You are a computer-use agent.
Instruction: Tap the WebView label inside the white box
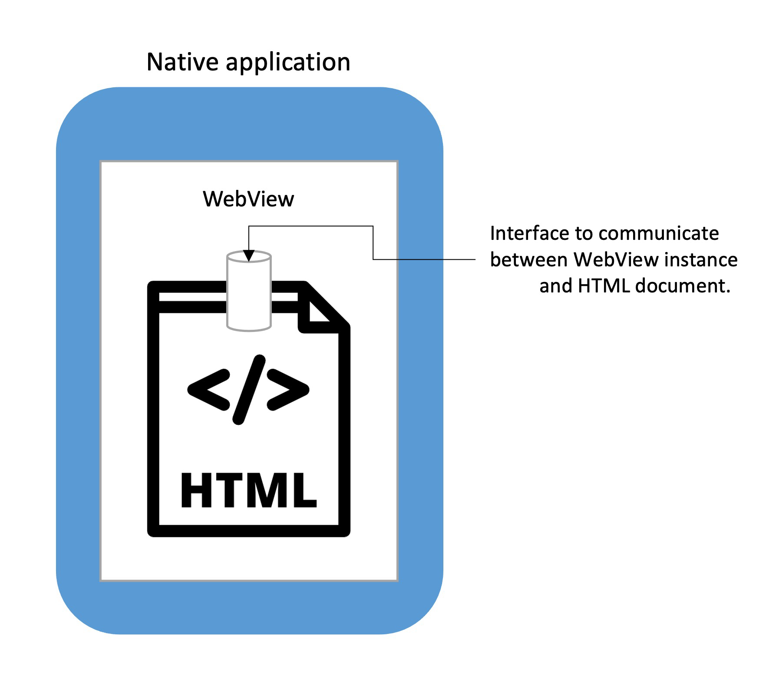[248, 199]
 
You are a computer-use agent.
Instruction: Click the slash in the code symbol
[249, 390]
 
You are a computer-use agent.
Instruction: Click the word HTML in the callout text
[604, 286]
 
